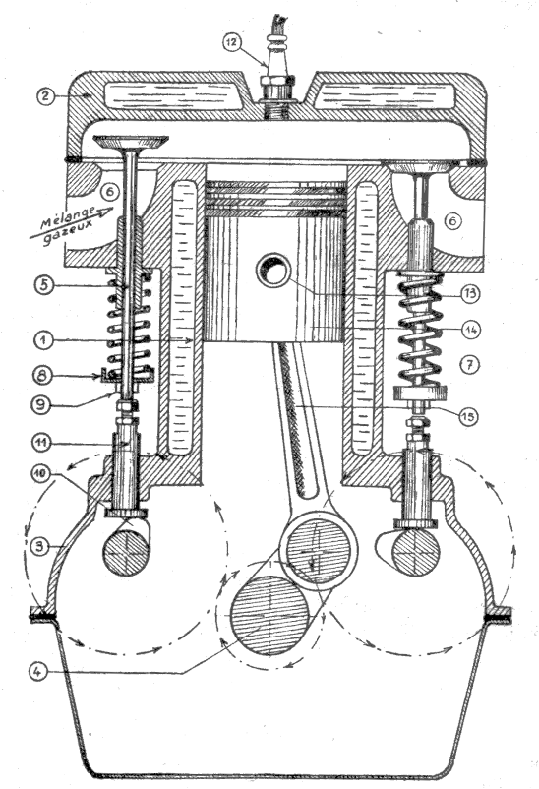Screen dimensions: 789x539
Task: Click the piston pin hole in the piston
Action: (272, 270)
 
